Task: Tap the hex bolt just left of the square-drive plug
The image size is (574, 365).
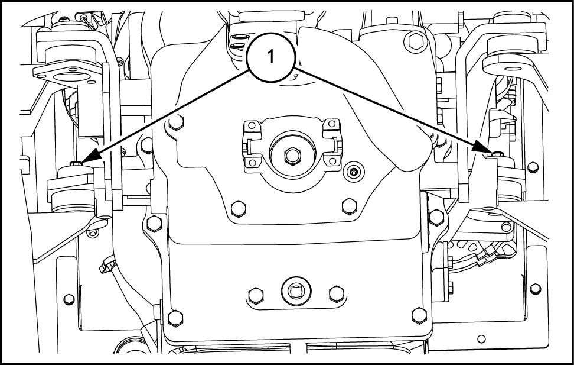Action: pyautogui.click(x=255, y=293)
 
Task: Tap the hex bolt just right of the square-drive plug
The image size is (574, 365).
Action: pyautogui.click(x=336, y=293)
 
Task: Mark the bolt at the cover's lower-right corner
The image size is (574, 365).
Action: pyautogui.click(x=418, y=314)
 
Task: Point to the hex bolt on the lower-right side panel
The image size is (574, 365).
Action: pyautogui.click(x=536, y=288)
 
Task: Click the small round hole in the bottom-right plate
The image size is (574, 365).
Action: pyautogui.click(x=482, y=338)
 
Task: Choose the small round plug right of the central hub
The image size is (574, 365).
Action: pyautogui.click(x=354, y=172)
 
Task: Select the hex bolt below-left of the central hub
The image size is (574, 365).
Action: pyautogui.click(x=238, y=207)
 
